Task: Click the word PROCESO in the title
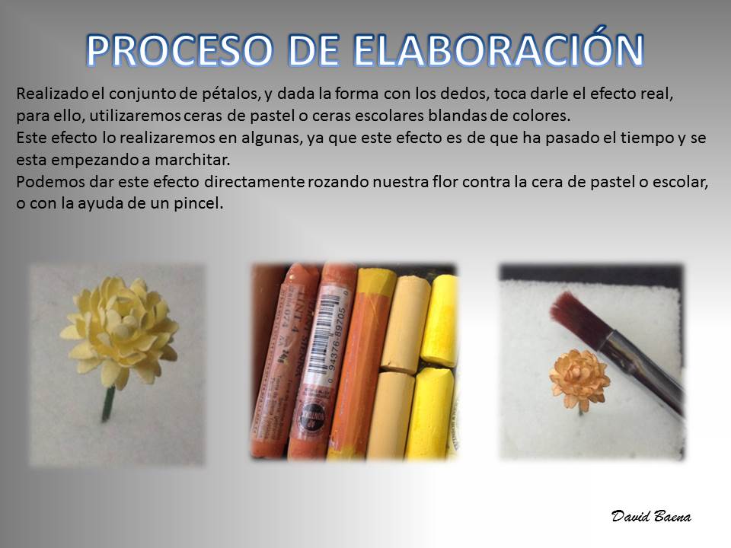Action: (180, 50)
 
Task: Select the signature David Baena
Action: (651, 516)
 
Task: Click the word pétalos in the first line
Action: (230, 94)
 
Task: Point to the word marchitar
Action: (192, 160)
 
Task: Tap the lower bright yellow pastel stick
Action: (429, 413)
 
